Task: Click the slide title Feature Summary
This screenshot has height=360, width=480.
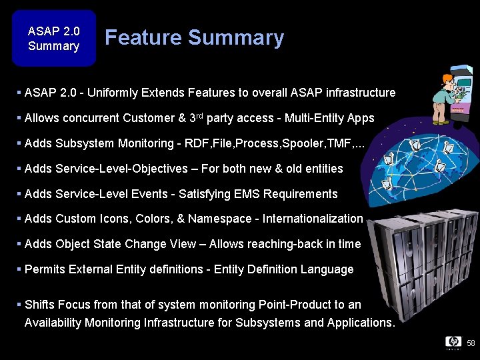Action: pyautogui.click(x=194, y=38)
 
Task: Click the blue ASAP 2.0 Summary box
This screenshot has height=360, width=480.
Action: pyautogui.click(x=53, y=38)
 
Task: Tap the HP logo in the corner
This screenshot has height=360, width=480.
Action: pyautogui.click(x=453, y=342)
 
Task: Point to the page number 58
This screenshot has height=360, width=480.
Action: pyautogui.click(x=471, y=343)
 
